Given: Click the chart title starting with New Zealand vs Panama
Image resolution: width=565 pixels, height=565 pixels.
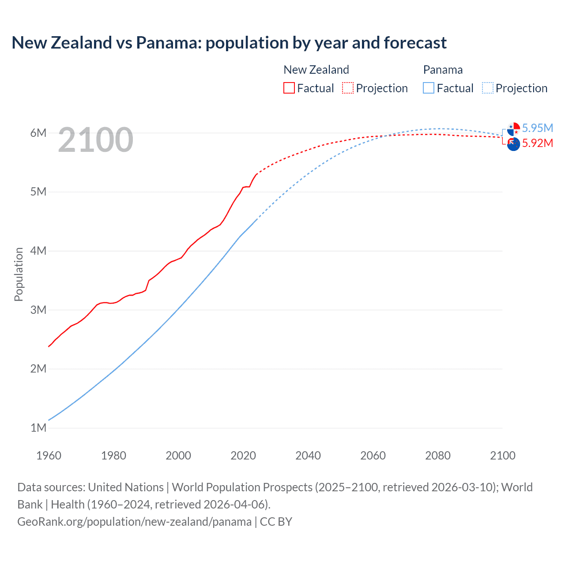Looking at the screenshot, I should tap(229, 43).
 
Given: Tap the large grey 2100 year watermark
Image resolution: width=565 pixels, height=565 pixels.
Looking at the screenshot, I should tap(95, 140).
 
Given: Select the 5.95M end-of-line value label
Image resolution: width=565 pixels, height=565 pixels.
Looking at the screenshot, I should tap(537, 128).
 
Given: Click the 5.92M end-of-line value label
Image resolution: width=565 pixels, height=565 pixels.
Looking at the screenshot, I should tap(537, 143).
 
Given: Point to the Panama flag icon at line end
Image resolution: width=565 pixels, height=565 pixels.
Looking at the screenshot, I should tap(513, 129).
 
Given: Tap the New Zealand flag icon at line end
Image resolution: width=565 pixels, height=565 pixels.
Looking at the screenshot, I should tap(513, 144).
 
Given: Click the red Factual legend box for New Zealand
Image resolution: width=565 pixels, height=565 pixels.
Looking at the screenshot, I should tap(289, 88).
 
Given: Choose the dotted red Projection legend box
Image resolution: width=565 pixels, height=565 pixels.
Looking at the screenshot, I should tap(348, 88).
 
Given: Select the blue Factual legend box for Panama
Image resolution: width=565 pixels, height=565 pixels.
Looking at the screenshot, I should tap(429, 88).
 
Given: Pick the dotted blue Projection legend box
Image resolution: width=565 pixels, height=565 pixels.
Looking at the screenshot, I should tap(488, 88).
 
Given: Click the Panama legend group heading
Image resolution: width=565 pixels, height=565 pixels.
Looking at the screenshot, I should tap(443, 70).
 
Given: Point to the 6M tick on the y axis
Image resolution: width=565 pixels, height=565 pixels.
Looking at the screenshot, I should tap(38, 133).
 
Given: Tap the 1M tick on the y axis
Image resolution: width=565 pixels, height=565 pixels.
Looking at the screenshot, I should tap(38, 428).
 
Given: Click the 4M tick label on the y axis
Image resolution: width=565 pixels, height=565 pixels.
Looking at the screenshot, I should tap(38, 251).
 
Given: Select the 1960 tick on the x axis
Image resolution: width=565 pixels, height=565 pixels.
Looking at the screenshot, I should tap(49, 456).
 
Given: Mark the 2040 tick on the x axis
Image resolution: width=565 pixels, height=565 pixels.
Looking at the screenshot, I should tap(308, 456).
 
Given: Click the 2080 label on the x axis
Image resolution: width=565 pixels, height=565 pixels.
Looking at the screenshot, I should tap(438, 456).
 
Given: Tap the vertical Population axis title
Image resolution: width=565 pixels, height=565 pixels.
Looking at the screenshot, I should tap(19, 274).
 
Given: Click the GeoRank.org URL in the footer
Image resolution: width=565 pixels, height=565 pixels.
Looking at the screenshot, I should tap(134, 522).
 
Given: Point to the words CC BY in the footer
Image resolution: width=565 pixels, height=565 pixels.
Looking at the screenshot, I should tap(276, 522).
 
